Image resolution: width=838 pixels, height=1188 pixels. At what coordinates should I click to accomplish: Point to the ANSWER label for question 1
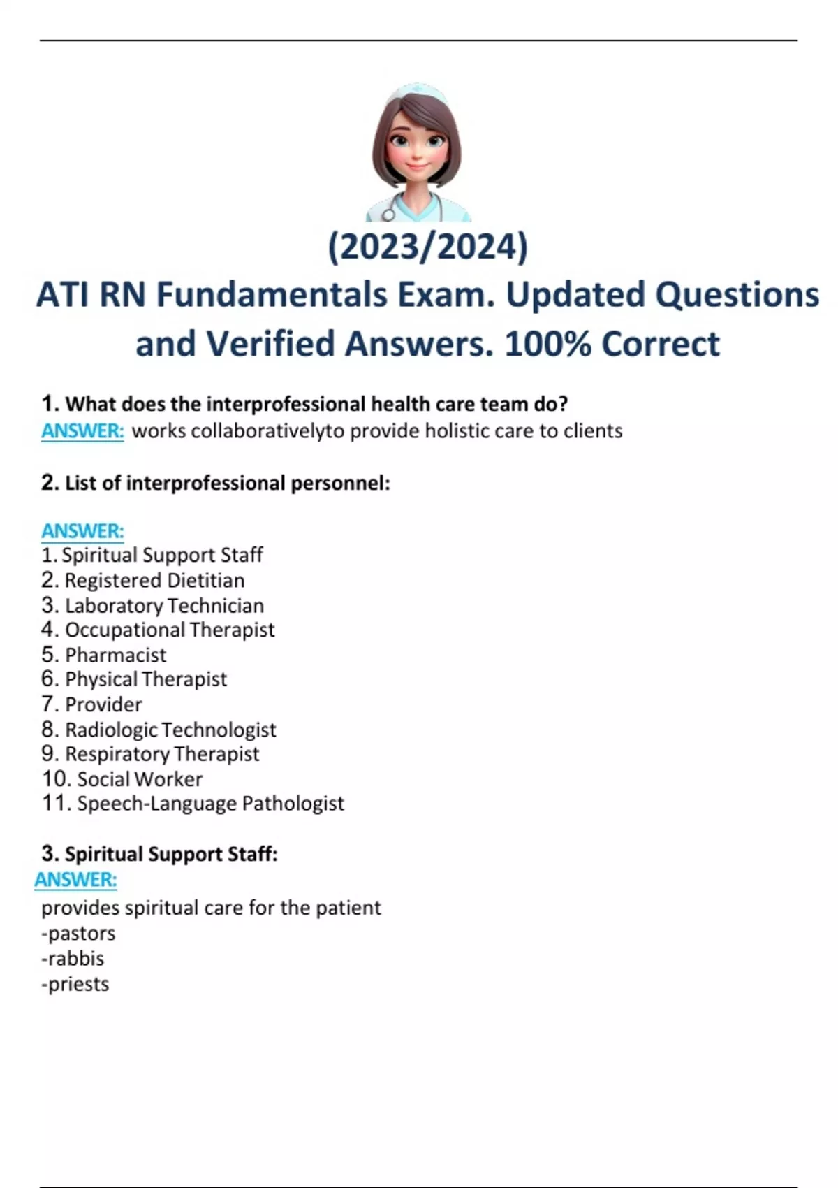coord(82,431)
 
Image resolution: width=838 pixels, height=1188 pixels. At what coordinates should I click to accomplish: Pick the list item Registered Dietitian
coord(154,580)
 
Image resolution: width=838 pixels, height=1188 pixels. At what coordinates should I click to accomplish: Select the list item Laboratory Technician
coord(164,605)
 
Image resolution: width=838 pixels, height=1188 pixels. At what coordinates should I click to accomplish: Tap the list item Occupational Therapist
coord(170,630)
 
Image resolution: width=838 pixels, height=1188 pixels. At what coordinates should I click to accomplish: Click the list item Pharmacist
coord(115,655)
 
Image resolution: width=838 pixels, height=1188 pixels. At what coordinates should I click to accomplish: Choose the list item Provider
coord(103,704)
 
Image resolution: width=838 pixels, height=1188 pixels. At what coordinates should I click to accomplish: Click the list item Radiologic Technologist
coord(170,730)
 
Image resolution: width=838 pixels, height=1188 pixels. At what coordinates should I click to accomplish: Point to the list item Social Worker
coord(140,779)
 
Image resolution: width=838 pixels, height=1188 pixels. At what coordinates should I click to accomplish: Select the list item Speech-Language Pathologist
coord(210,804)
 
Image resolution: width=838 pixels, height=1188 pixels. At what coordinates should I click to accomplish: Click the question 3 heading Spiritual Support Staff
coord(170,854)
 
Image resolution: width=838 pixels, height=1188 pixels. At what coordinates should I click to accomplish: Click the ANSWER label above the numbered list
coord(82,531)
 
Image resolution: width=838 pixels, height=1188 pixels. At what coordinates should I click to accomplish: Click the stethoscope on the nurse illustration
coord(388,212)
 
